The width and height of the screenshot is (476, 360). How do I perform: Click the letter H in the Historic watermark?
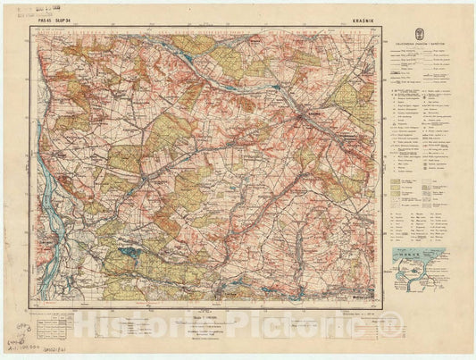[87, 331]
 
